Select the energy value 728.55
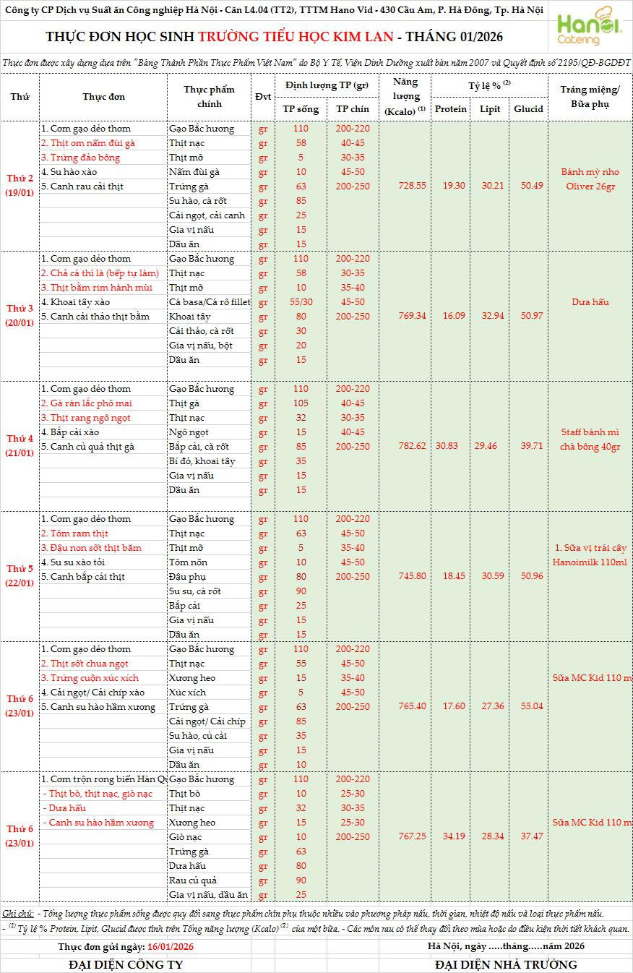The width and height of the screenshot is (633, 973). pos(412,186)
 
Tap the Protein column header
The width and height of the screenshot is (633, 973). pos(451,109)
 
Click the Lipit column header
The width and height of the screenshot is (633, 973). pos(490,109)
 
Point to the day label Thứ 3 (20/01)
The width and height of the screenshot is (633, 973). pos(20,316)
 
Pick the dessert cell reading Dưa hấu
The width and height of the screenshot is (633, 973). pos(590,301)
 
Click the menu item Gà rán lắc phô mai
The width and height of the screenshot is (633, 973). pos(86,403)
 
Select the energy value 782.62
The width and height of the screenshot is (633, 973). pos(412,446)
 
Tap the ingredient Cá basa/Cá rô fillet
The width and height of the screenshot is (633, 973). pos(208,301)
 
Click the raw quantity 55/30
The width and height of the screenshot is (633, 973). pos(301,301)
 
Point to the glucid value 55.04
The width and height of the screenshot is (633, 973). pos(528,706)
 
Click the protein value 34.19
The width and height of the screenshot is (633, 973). pos(451,836)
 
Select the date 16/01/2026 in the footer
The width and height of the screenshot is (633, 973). pos(171,946)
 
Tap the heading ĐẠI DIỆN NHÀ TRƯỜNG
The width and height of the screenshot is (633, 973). pos(506,964)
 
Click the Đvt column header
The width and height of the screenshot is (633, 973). pos(263,97)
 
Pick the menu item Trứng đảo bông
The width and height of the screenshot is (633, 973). pos(80,157)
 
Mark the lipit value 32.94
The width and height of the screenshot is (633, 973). pos(490,316)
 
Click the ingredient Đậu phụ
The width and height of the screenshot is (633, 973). pos(187,576)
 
